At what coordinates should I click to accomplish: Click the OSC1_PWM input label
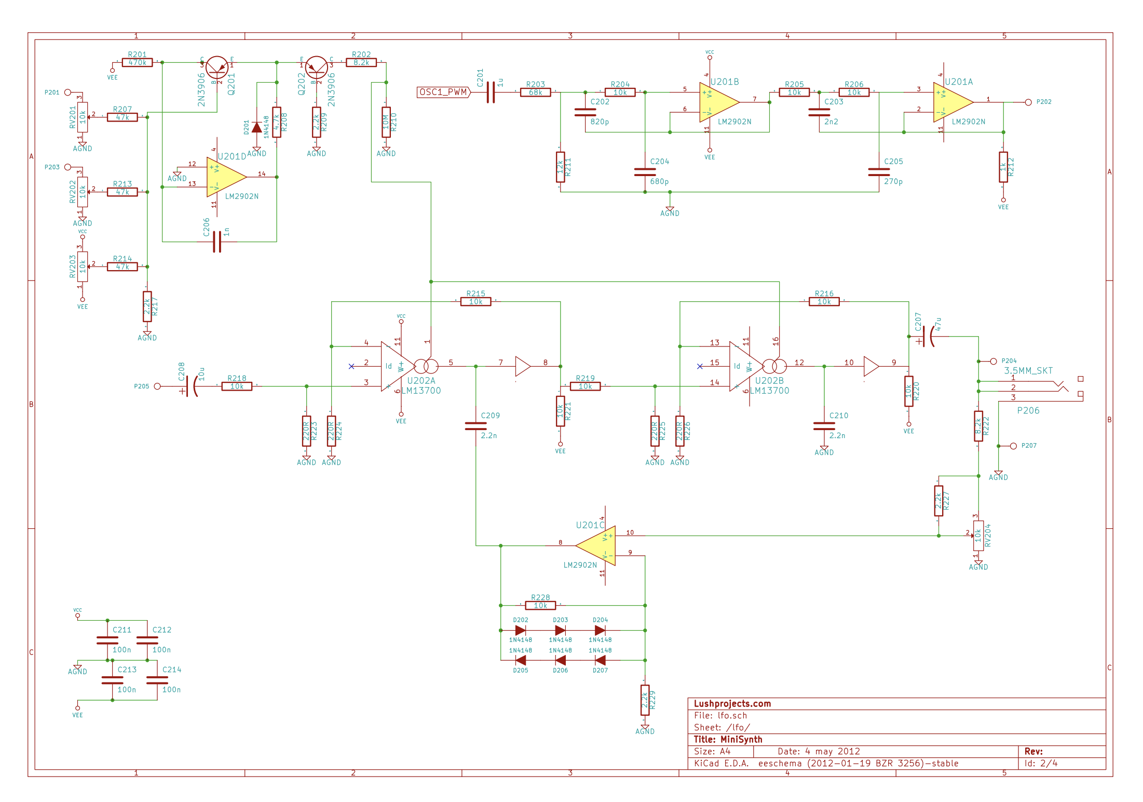click(x=443, y=92)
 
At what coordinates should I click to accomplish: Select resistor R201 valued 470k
click(x=138, y=62)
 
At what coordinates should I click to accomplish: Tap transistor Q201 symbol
click(x=216, y=68)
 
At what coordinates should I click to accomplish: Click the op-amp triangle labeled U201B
click(x=718, y=102)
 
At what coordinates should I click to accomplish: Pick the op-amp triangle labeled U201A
click(x=952, y=102)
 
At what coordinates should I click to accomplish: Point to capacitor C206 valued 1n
click(x=217, y=242)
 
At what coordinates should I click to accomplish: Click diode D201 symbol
click(x=256, y=127)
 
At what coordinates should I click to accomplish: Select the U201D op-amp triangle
click(x=225, y=177)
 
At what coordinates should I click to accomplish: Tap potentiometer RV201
click(x=83, y=117)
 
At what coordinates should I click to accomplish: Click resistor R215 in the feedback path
click(x=475, y=302)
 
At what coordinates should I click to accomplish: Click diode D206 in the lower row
click(x=560, y=660)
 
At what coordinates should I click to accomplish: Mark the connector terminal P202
click(x=1028, y=102)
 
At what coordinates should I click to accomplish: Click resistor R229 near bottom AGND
click(x=645, y=700)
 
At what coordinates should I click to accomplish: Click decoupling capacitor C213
click(x=112, y=680)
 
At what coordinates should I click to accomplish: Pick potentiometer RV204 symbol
click(x=978, y=536)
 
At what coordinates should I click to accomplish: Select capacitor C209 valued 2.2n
click(x=475, y=426)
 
